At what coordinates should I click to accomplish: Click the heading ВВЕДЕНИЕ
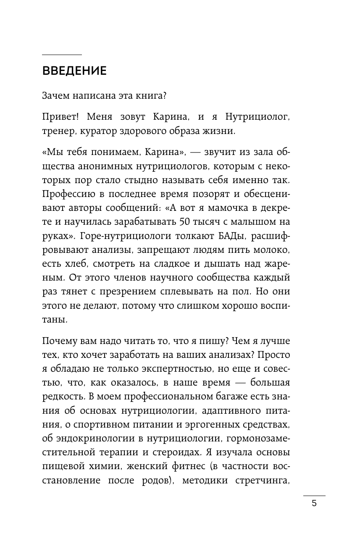click(x=74, y=71)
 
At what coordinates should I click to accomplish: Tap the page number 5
click(x=314, y=504)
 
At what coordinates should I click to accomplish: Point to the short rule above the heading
click(x=62, y=55)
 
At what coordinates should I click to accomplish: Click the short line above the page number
click(x=314, y=496)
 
